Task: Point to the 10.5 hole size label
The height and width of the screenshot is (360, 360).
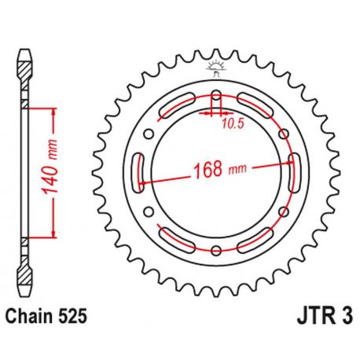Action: pyautogui.click(x=230, y=123)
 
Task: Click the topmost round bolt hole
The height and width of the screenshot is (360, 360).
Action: pyautogui.click(x=216, y=97)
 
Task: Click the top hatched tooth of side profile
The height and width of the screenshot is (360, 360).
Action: pyautogui.click(x=25, y=66)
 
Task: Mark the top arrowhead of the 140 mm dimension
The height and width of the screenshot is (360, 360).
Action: pyautogui.click(x=53, y=110)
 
